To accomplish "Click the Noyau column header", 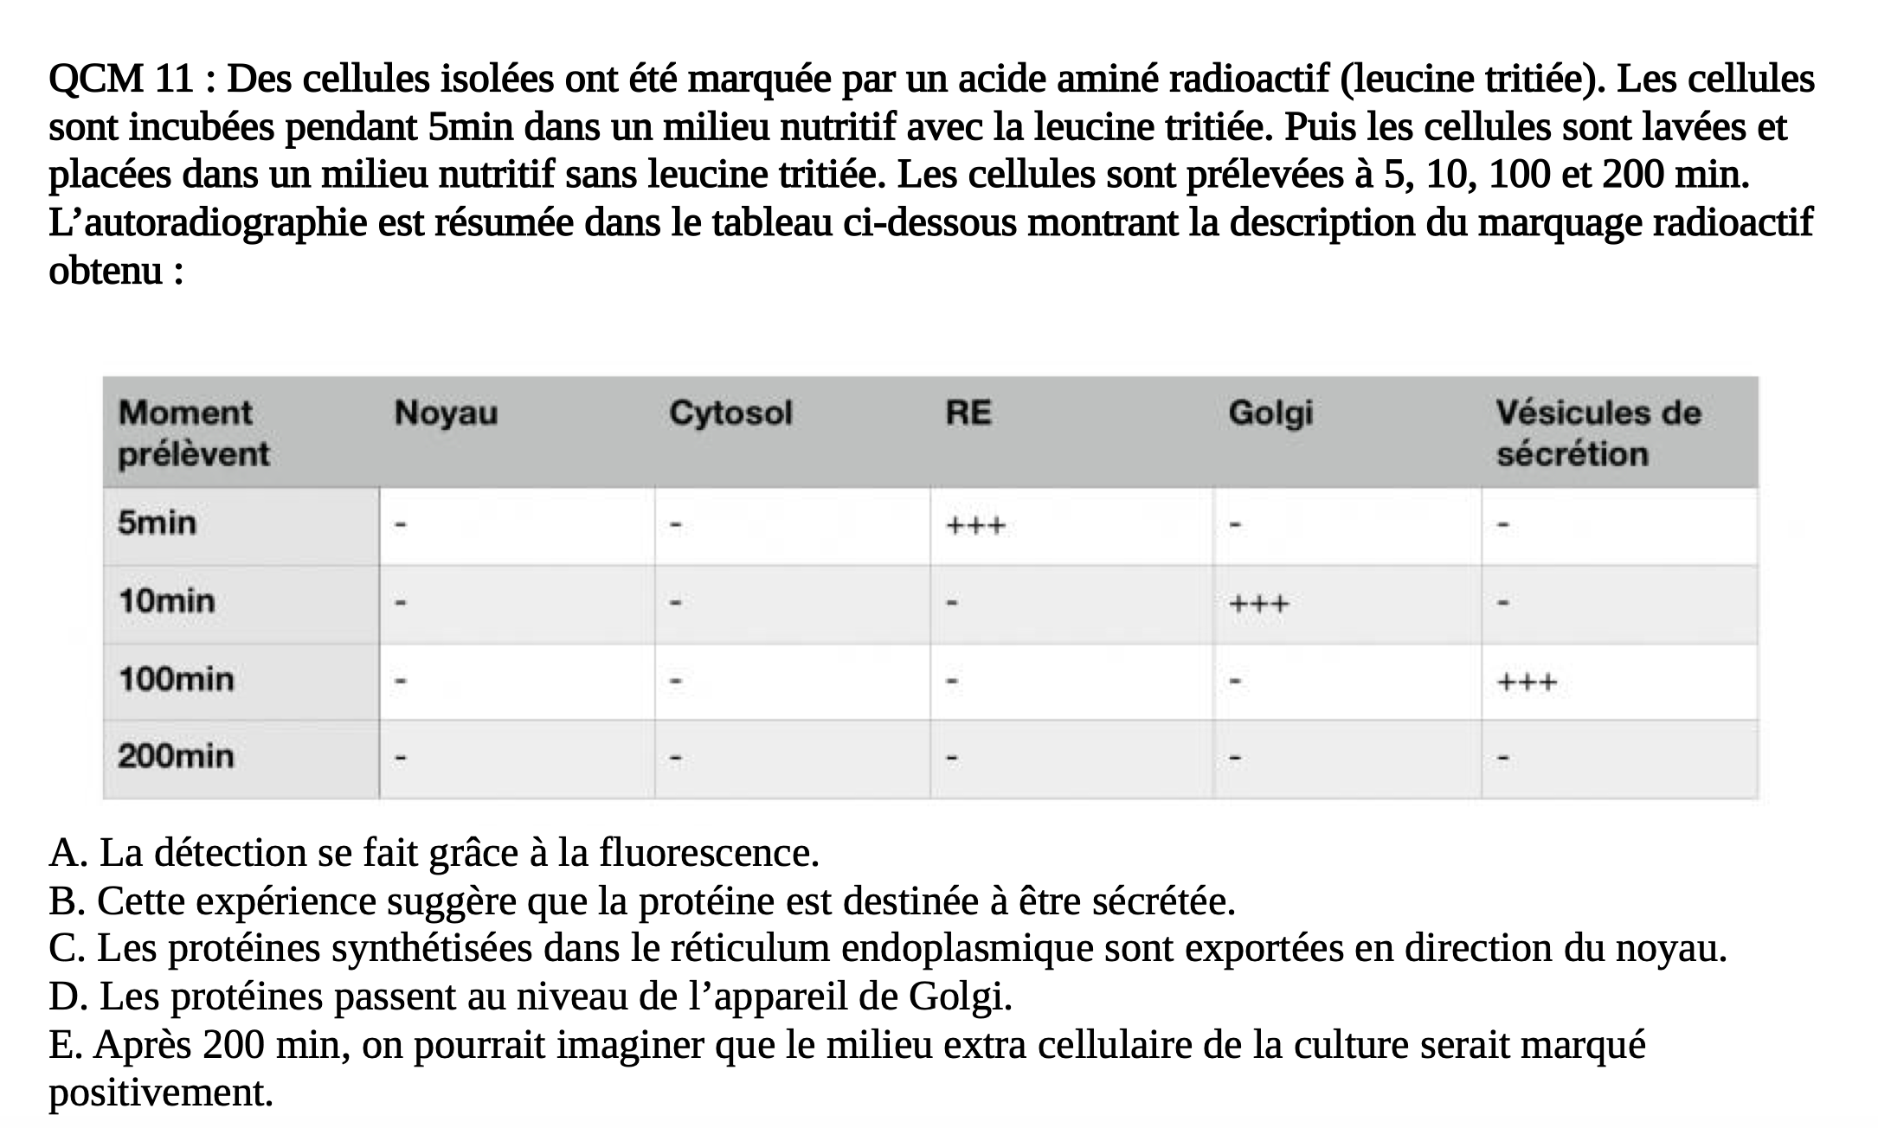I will pos(446,413).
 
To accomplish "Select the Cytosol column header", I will pos(730,413).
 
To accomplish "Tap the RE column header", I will pos(968,413).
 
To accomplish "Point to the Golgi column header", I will pos(1270,413).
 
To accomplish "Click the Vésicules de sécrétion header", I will pos(1598,433).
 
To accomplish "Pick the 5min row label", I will pos(158,523).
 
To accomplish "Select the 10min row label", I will pos(167,601).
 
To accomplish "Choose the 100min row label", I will pos(177,679).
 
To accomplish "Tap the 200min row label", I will pos(177,757).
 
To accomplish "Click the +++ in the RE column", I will pos(975,526).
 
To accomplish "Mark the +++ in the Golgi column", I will pos(1259,604).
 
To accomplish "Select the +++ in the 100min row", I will pos(1527,683).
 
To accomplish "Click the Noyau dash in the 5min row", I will pos(400,524).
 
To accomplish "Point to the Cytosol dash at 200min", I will pos(677,759).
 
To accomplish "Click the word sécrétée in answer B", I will pos(1162,902).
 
